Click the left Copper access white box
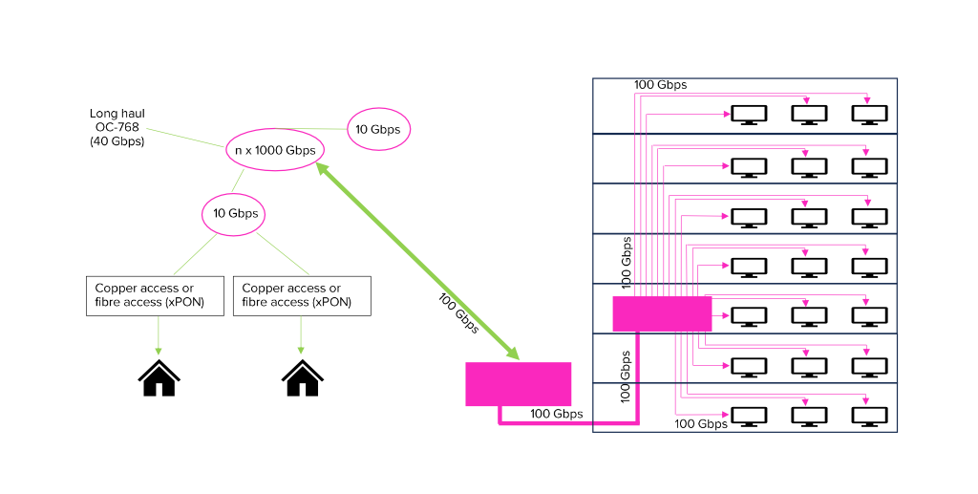click(155, 295)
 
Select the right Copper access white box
click(302, 295)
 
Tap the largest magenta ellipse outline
click(275, 149)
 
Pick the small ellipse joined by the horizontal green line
click(378, 129)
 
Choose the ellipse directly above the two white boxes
click(233, 214)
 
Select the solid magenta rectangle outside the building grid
click(519, 384)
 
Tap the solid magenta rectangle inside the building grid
click(662, 313)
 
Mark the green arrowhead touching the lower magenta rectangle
click(513, 354)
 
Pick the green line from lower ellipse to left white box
click(196, 254)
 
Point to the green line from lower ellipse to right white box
click(283, 254)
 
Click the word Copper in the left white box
click(116, 289)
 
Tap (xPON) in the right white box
click(332, 302)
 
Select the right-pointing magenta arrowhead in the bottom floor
click(727, 415)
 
